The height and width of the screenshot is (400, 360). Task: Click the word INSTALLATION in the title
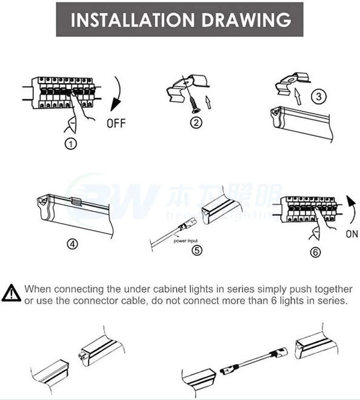pyautogui.click(x=124, y=19)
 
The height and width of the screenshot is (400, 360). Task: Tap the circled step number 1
pyautogui.click(x=72, y=144)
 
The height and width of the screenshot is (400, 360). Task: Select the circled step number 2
pyautogui.click(x=196, y=123)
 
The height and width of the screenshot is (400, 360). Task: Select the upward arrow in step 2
pyautogui.click(x=208, y=101)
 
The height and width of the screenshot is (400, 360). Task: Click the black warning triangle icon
pyautogui.click(x=11, y=293)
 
